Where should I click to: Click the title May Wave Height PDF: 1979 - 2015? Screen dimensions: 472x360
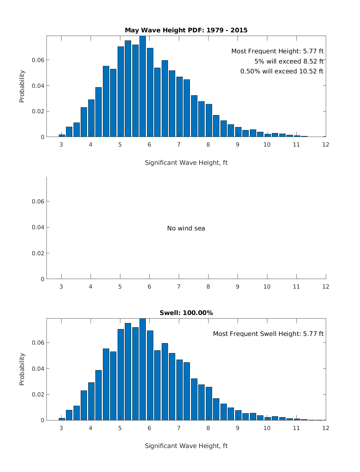tap(186, 30)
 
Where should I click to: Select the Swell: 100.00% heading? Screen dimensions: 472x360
tap(186, 313)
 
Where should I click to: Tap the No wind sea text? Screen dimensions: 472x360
tap(186, 228)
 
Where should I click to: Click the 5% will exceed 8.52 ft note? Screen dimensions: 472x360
tap(289, 61)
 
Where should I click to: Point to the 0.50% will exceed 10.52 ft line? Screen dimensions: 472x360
tap(282, 71)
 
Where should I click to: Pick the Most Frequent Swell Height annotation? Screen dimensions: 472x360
tap(268, 334)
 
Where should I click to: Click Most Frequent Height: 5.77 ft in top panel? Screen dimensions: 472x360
tap(277, 51)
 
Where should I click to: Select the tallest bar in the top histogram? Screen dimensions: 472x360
tap(142, 87)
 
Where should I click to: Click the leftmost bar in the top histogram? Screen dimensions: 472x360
tap(62, 136)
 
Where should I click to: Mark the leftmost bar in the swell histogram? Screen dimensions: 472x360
tap(62, 419)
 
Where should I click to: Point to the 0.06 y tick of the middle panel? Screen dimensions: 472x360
tap(38, 202)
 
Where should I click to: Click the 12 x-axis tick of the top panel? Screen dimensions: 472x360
tap(325, 145)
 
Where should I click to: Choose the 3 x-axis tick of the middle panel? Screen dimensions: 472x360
tap(61, 287)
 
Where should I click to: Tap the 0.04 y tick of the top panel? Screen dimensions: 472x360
tap(38, 86)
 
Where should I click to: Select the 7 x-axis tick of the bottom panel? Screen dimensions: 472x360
tap(179, 428)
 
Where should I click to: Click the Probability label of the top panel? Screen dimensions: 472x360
tap(22, 86)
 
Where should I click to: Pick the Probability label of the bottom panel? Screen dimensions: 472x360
tap(22, 369)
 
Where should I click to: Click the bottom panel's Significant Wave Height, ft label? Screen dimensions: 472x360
tap(186, 446)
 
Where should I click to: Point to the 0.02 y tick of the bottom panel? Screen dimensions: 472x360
tap(38, 394)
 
